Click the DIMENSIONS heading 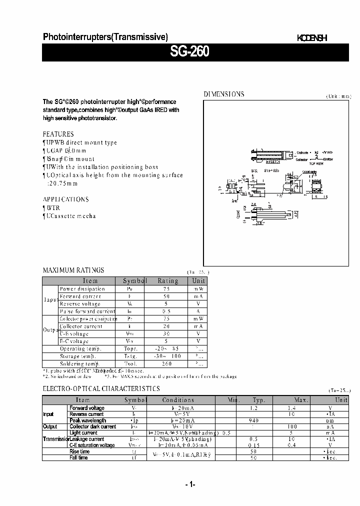tap(223, 94)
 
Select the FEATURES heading tap(58, 134)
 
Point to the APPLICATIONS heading tap(65, 199)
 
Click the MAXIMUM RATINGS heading tap(73, 270)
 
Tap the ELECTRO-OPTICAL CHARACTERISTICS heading tap(101, 388)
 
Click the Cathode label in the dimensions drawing tap(302, 152)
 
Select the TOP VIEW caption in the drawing tap(316, 163)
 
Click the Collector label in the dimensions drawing tap(302, 159)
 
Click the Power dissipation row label tap(82, 288)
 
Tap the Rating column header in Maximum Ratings tap(168, 281)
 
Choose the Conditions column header tap(178, 400)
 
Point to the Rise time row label tap(79, 451)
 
